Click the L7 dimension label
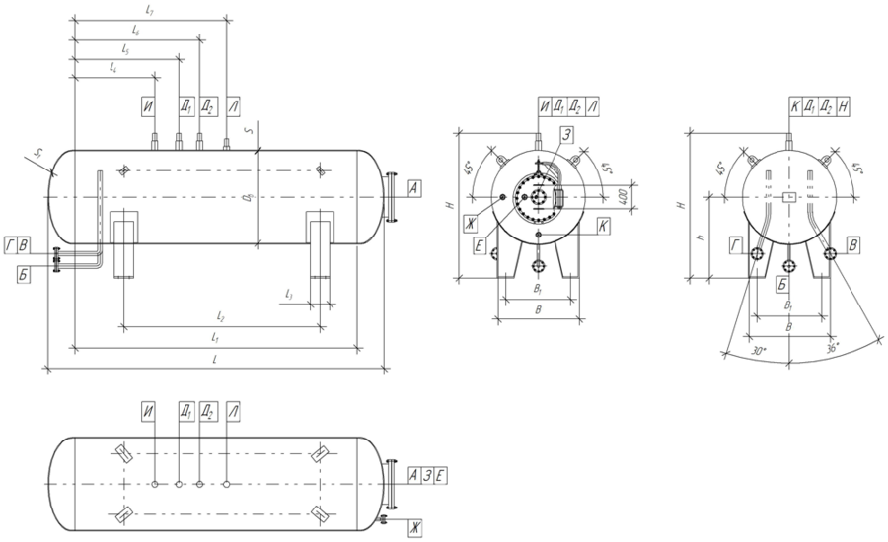150,10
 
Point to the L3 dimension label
287,294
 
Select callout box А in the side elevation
414,186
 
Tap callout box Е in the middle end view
480,245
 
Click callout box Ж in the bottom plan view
414,529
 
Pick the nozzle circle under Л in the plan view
227,483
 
